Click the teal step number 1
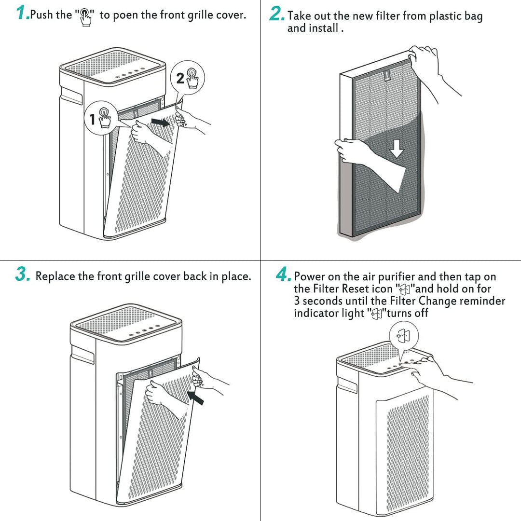[22, 13]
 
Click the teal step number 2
[276, 14]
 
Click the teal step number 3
[23, 275]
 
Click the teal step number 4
[283, 275]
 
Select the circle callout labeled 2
[189, 77]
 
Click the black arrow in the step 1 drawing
[161, 123]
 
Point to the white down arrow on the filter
[397, 150]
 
